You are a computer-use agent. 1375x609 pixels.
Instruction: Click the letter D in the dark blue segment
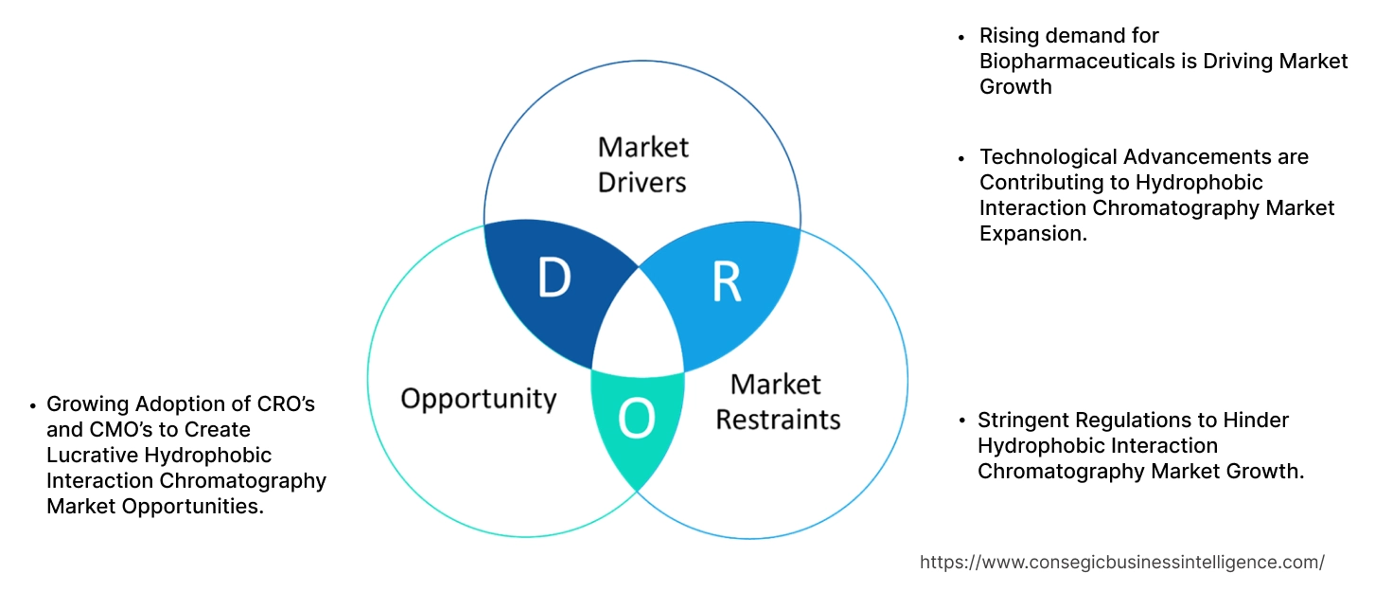click(x=554, y=278)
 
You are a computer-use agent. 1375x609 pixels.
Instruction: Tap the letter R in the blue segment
click(x=726, y=281)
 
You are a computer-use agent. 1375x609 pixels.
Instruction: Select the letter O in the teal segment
click(x=637, y=419)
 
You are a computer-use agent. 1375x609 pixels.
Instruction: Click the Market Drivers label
click(x=643, y=164)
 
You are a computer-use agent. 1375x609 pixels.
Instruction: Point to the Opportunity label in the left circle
click(x=479, y=398)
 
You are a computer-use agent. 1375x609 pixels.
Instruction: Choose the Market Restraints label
click(x=777, y=402)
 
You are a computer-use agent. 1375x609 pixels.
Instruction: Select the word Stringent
click(x=1023, y=420)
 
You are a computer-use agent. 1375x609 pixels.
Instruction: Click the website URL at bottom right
click(x=1121, y=562)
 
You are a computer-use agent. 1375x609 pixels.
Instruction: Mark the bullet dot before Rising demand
click(x=961, y=37)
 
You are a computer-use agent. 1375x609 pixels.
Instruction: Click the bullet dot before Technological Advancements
click(x=961, y=157)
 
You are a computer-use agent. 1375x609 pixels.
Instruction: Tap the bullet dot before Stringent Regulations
click(x=961, y=421)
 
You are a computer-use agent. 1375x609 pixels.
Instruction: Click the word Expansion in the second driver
click(x=1032, y=233)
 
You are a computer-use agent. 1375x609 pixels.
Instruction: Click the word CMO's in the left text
click(x=119, y=430)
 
